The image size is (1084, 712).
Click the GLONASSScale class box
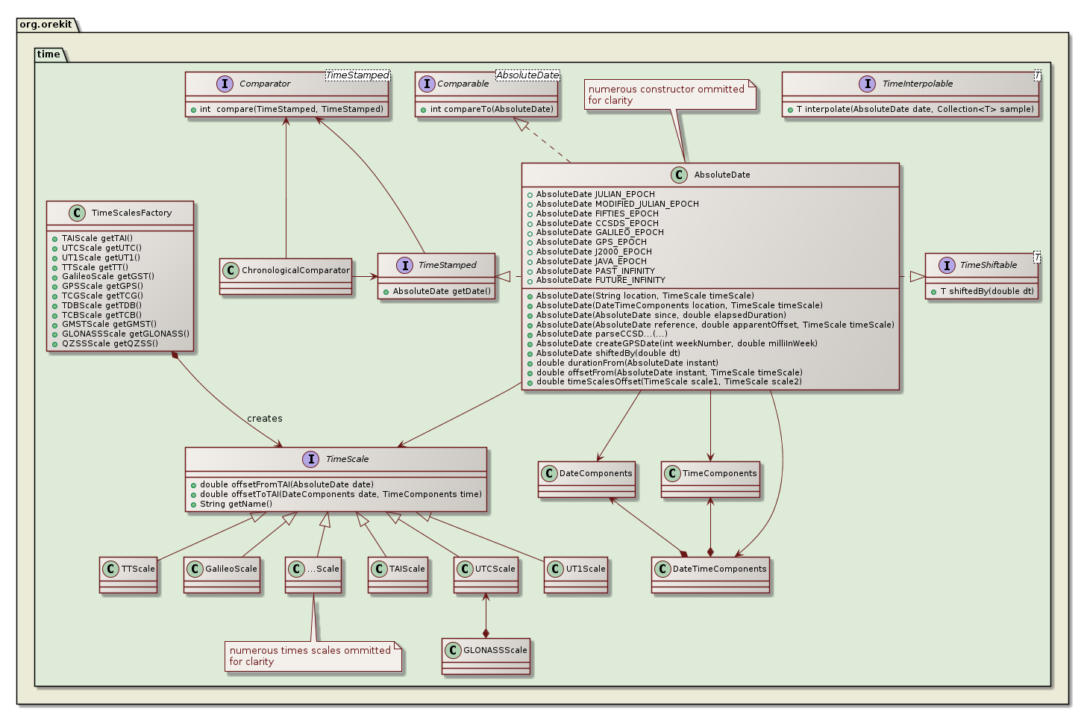click(x=486, y=655)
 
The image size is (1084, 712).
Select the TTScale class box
click(x=128, y=574)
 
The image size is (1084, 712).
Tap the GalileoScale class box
click(x=222, y=574)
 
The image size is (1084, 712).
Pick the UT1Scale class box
click(x=576, y=574)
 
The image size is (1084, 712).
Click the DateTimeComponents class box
click(x=710, y=574)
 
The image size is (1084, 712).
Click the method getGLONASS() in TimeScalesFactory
click(x=125, y=334)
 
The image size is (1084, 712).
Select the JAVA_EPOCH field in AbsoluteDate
click(x=591, y=261)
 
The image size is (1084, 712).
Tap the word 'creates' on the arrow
click(x=265, y=419)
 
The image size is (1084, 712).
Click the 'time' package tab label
click(x=48, y=54)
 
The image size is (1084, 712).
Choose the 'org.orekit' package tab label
click(x=46, y=24)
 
